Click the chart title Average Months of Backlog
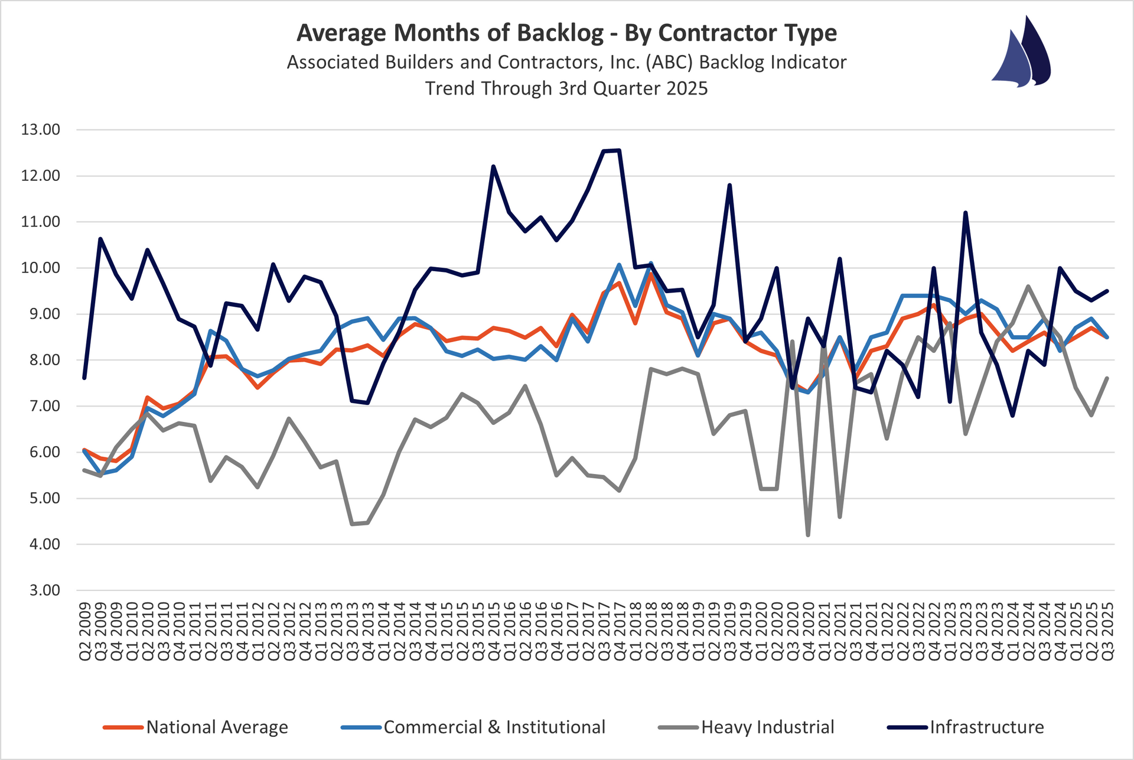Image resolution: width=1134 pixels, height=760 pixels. (566, 33)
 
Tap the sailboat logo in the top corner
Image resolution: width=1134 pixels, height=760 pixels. (1021, 53)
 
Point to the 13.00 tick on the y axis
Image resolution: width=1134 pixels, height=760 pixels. (41, 129)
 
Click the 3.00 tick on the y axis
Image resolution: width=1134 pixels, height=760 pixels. (41, 590)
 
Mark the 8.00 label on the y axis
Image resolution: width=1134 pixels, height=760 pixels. (41, 360)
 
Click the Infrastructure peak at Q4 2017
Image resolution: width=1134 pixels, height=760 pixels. (619, 150)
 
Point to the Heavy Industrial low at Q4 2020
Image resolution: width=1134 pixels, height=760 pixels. (808, 535)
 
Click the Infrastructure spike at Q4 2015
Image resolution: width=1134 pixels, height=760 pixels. (493, 167)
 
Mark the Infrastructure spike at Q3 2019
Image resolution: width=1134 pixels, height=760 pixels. (729, 185)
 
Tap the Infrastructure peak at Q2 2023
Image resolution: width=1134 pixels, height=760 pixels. (965, 213)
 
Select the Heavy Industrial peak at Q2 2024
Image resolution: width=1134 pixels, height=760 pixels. (1028, 286)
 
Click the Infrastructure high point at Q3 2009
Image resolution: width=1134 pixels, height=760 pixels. (100, 239)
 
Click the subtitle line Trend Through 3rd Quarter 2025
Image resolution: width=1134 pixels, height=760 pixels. (566, 88)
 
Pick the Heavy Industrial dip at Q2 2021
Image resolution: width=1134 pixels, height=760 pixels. (839, 517)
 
